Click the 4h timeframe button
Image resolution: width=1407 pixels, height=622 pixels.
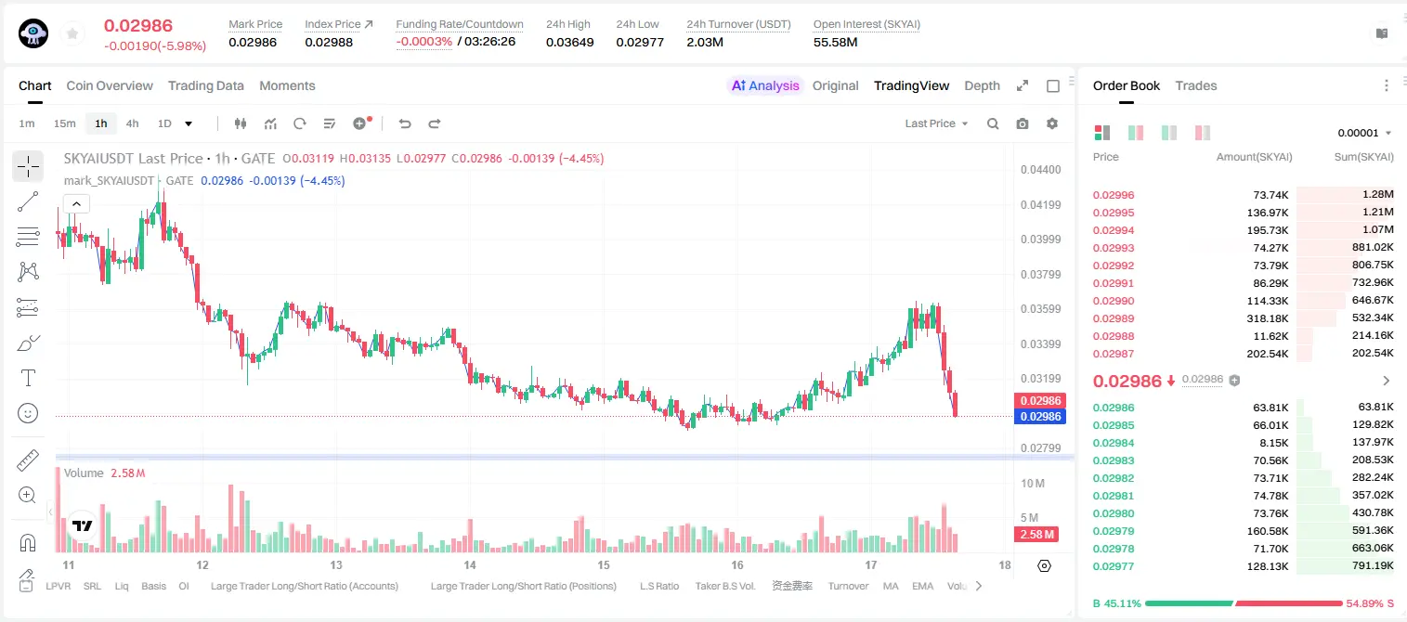pos(132,123)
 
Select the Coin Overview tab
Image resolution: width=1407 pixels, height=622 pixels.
pos(110,86)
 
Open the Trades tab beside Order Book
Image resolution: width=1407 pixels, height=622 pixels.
pos(1195,86)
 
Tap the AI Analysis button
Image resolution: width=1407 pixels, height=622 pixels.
pos(765,86)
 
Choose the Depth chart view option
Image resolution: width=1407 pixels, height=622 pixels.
pos(982,86)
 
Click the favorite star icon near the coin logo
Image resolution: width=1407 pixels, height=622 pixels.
pos(72,33)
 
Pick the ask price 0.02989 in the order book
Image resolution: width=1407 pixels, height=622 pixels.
pos(1113,318)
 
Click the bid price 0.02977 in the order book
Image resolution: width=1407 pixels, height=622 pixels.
pos(1113,566)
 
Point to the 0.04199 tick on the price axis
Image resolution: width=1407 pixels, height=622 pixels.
pos(1040,204)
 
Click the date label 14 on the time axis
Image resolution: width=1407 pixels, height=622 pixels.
pos(470,564)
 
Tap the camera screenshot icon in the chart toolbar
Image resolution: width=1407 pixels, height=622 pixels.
pos(1023,123)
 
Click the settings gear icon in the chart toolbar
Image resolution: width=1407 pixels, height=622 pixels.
pos(1052,123)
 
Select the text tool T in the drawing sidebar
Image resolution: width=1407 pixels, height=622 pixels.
pos(28,378)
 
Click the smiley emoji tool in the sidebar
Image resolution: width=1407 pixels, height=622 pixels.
pos(28,413)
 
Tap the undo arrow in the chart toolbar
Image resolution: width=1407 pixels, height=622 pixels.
pos(405,123)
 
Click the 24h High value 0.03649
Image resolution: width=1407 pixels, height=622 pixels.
pos(569,42)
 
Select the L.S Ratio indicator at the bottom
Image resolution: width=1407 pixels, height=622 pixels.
pos(658,586)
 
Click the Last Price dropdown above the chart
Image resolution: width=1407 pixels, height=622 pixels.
pos(936,123)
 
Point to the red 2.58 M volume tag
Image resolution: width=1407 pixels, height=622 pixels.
pos(1036,535)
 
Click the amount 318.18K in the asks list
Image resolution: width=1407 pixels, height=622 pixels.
pos(1267,318)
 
